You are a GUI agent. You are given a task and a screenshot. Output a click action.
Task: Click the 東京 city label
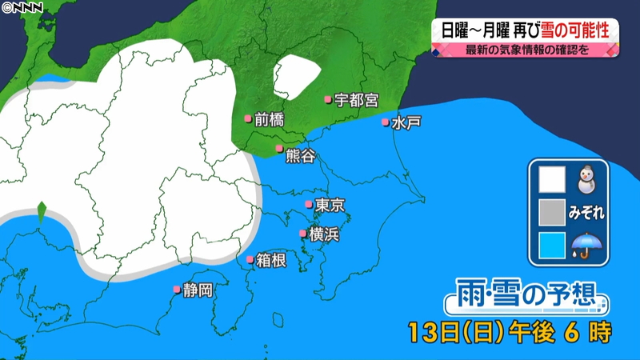(330, 206)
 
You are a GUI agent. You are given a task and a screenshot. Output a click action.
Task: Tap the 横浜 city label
(324, 234)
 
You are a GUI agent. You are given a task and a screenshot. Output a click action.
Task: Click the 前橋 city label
(269, 120)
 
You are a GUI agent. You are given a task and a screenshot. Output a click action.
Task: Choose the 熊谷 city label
(300, 153)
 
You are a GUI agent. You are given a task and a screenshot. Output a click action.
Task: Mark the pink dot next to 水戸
(386, 123)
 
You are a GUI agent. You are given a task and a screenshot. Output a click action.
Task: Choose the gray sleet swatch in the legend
(551, 213)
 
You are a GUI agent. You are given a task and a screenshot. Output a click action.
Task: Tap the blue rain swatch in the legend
(551, 246)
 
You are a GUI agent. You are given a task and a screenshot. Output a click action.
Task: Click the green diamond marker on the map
(41, 213)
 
